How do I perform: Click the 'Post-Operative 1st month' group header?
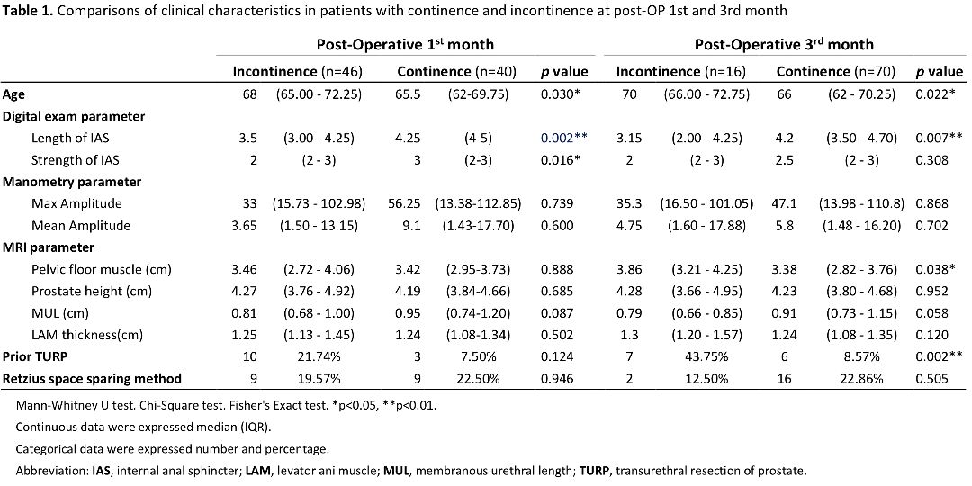(x=405, y=45)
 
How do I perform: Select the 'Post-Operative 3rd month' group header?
(x=784, y=45)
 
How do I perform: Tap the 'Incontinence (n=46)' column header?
(x=298, y=72)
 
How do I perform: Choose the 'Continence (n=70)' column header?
(x=836, y=72)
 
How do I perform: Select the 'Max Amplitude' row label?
(x=68, y=204)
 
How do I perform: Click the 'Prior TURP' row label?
(x=31, y=357)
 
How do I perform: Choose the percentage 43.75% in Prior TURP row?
(x=701, y=357)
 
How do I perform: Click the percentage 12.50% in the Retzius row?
(x=701, y=379)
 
